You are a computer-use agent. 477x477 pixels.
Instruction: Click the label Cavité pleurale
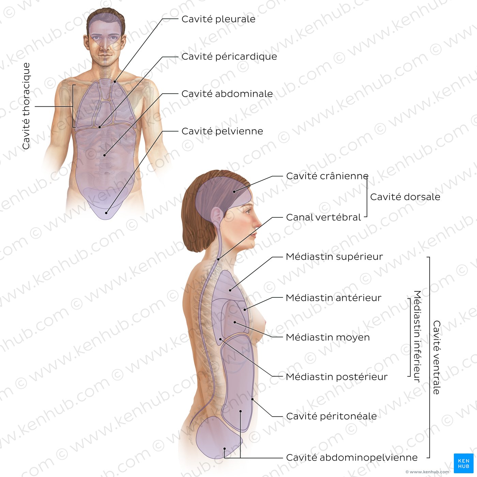218,19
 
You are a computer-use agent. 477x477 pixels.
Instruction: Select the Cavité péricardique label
229,57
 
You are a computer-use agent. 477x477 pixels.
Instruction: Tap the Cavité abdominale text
227,94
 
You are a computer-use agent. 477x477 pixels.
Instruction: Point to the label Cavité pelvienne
222,131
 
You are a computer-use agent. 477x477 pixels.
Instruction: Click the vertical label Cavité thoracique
26,106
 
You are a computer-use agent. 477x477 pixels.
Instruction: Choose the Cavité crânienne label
327,176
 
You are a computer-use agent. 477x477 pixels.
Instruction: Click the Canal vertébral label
323,217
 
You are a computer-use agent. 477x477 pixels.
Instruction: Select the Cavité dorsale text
405,197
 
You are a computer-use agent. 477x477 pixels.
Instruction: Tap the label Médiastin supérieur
334,257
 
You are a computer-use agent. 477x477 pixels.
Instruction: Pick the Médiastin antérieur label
334,298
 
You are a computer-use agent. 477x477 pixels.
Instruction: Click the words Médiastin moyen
328,337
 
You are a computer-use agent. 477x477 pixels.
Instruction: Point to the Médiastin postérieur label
337,377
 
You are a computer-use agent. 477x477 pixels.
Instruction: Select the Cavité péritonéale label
332,416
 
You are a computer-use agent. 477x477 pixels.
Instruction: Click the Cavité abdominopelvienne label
352,458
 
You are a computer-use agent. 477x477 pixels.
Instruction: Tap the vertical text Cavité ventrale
436,357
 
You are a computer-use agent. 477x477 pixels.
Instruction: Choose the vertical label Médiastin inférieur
417,336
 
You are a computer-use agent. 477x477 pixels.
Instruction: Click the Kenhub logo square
464,463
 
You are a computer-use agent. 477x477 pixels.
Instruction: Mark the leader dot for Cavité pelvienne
106,213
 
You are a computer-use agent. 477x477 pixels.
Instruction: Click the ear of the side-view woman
217,216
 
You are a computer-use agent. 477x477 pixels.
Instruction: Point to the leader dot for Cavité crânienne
234,191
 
